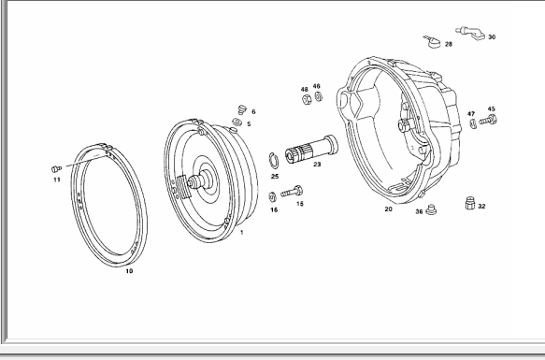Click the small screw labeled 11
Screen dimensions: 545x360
56,169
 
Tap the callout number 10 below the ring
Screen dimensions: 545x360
129,271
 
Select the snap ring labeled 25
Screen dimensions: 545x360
274,160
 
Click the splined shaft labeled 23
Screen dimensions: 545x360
311,150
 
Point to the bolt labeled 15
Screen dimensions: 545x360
292,192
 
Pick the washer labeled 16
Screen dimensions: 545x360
273,197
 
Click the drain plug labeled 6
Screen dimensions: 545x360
242,109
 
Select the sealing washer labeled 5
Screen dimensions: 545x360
237,122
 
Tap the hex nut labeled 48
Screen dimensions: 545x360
307,99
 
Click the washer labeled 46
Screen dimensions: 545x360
319,96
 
